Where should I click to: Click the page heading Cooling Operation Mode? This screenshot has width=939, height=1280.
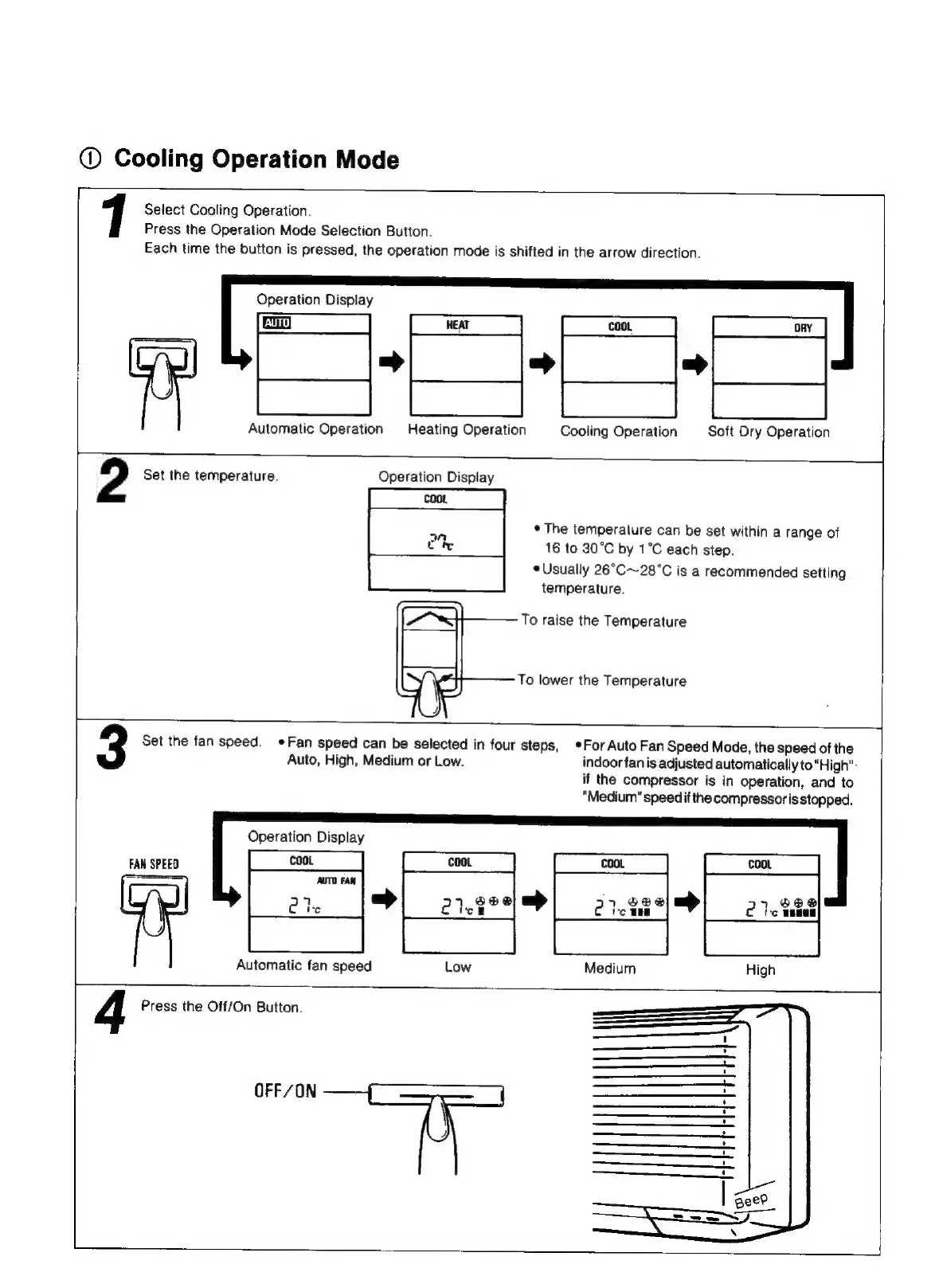click(x=256, y=159)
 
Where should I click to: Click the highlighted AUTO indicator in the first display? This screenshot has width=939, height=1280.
click(x=276, y=323)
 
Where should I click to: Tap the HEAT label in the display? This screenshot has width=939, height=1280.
click(x=458, y=325)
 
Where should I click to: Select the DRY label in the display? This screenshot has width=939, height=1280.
click(x=803, y=327)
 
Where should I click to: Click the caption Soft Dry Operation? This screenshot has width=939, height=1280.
click(x=769, y=432)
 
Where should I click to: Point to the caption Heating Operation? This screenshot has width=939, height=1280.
click(x=467, y=429)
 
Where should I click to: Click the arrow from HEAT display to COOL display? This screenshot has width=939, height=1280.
click(x=542, y=363)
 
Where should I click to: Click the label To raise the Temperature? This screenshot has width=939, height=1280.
click(x=603, y=620)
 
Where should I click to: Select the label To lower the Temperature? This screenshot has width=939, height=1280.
click(x=601, y=680)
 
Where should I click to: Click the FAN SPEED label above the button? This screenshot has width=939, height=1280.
click(x=154, y=863)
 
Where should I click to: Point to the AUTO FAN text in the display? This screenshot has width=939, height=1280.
click(x=336, y=880)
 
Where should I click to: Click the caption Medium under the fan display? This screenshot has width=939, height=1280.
click(x=609, y=968)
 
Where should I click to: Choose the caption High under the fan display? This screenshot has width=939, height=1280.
click(x=760, y=969)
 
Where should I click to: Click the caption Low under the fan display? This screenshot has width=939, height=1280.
click(x=457, y=967)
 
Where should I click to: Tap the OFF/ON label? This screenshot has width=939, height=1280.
click(x=285, y=1090)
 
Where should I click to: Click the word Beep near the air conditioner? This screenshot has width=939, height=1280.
click(x=751, y=1200)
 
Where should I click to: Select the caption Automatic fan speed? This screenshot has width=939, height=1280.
click(x=303, y=965)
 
